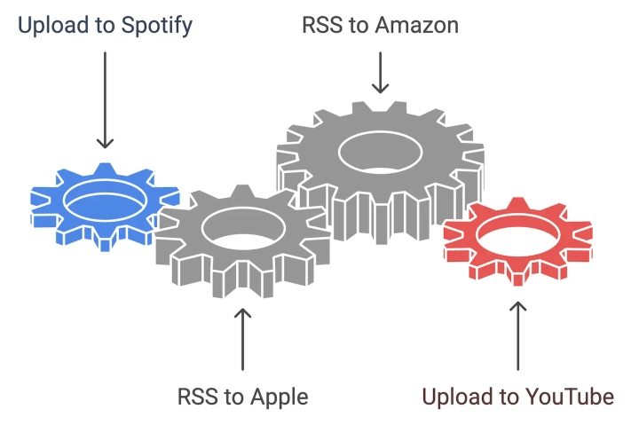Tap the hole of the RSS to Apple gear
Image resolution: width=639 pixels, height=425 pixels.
pos(243,227)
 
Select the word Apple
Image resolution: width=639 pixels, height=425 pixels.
pos(277,397)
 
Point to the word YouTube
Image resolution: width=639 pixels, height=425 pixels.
pos(568,397)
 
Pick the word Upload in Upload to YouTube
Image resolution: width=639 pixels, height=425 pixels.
pos(455,397)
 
